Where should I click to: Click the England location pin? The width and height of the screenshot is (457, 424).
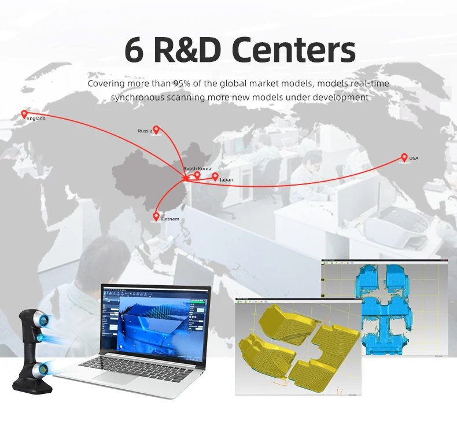24,114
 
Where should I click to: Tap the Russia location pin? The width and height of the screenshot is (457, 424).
156,130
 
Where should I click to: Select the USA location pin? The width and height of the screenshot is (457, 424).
404,157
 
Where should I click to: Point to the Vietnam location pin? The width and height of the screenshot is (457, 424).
156,216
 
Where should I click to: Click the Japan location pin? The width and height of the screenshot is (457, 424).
215,176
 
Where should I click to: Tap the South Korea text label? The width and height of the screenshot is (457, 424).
197,168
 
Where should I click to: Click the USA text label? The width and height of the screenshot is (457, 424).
414,158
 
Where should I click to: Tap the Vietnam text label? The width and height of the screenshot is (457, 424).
170,219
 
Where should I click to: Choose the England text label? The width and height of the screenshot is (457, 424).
36,119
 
